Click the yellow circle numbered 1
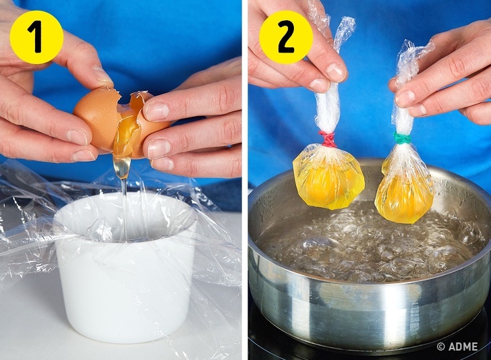click(36, 38)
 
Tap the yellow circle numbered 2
click(286, 38)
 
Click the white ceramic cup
click(125, 269)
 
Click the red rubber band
click(328, 139)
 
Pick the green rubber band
click(402, 138)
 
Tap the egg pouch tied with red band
click(328, 179)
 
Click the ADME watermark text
click(462, 347)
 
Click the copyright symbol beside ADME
click(441, 347)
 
